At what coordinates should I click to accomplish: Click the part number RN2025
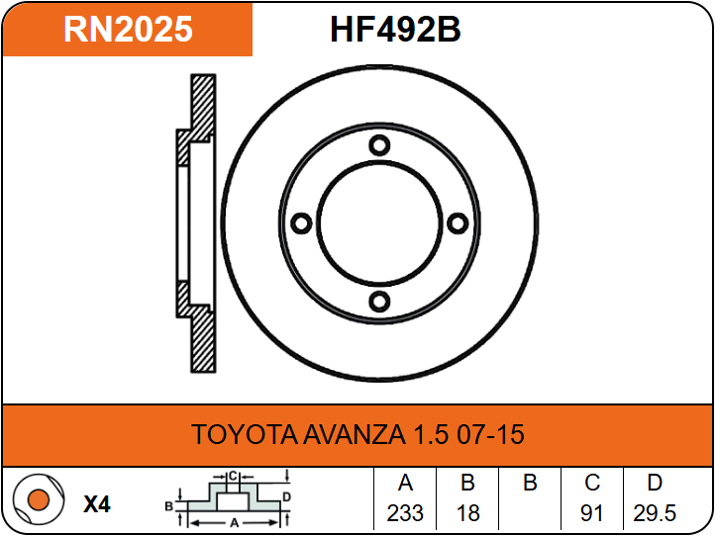click(x=128, y=30)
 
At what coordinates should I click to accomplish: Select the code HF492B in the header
click(x=395, y=30)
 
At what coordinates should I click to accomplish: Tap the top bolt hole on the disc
click(x=379, y=145)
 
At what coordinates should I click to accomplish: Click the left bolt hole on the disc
click(x=301, y=223)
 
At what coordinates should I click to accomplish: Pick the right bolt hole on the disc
click(x=458, y=223)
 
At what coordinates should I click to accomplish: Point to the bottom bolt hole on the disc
click(x=379, y=302)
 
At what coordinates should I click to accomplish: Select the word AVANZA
click(x=355, y=434)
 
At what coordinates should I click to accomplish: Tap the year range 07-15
click(x=490, y=434)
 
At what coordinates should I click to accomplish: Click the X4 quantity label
click(x=97, y=504)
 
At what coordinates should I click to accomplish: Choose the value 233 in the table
click(x=405, y=513)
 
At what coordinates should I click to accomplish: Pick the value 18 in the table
click(x=467, y=513)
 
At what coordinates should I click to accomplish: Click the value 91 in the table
click(x=592, y=513)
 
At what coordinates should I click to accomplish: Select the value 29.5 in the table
click(x=655, y=513)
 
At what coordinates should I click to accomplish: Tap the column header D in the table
click(x=655, y=483)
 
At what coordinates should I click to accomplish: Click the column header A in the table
click(x=405, y=483)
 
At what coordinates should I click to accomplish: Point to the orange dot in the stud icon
click(x=39, y=499)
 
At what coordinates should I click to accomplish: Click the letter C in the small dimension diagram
click(x=233, y=477)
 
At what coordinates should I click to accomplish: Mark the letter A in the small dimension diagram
click(x=235, y=523)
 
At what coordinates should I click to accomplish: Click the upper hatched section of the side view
click(x=203, y=107)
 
